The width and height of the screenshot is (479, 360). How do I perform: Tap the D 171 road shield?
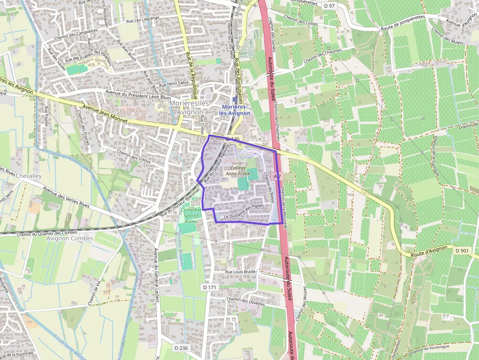209,288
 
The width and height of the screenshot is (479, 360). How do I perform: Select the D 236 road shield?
181,348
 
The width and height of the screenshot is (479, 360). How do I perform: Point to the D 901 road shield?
461,251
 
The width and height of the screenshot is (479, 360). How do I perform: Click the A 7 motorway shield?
277,176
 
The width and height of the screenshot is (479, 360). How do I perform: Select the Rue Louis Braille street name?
240,272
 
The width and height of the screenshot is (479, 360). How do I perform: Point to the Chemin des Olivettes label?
246,301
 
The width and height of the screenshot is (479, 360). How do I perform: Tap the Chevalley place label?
29,175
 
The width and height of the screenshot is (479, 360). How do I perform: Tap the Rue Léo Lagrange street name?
144,21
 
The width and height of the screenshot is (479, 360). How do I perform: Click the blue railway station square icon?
235,99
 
